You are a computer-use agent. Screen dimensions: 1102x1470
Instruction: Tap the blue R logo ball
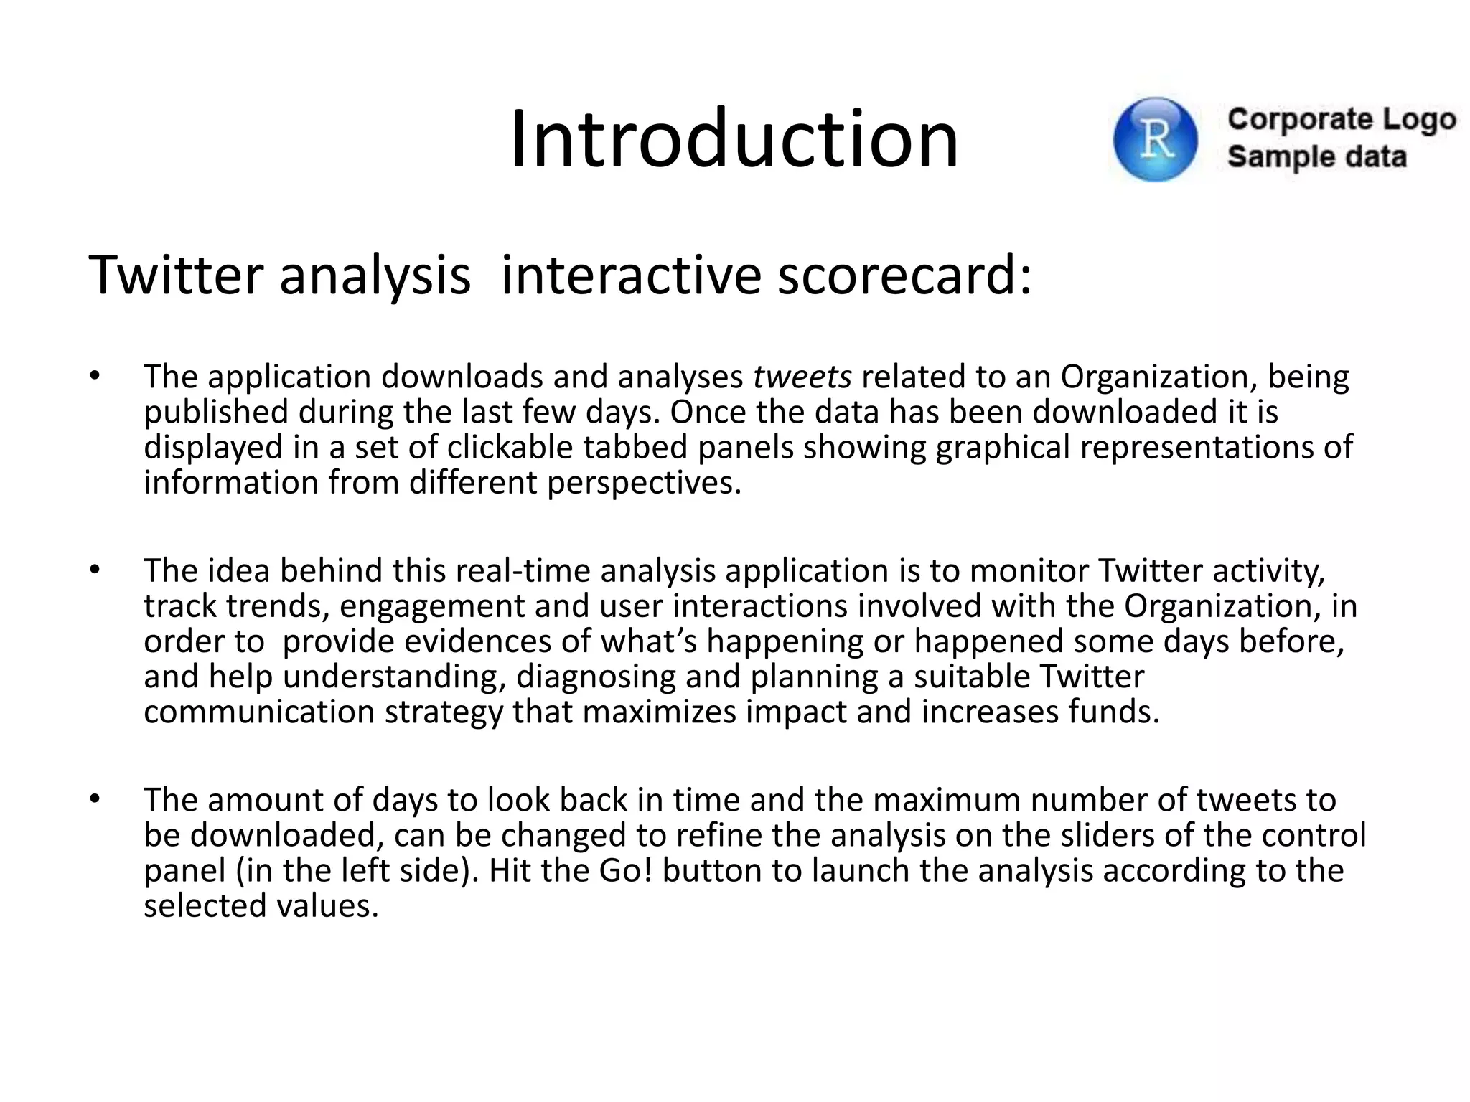pos(1155,139)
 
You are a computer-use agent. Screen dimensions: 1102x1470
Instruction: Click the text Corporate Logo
pos(1341,120)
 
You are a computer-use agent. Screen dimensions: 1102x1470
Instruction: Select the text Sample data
pos(1316,157)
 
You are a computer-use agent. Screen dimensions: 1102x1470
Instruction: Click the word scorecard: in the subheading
pos(904,275)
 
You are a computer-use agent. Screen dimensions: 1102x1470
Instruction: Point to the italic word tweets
pos(802,377)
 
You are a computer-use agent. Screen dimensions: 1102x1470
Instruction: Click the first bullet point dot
pos(94,377)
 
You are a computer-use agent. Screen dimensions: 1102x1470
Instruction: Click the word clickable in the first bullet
pos(510,448)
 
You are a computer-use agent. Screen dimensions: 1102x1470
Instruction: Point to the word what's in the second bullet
pos(648,641)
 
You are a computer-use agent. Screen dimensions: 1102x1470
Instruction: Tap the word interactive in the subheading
pos(630,275)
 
